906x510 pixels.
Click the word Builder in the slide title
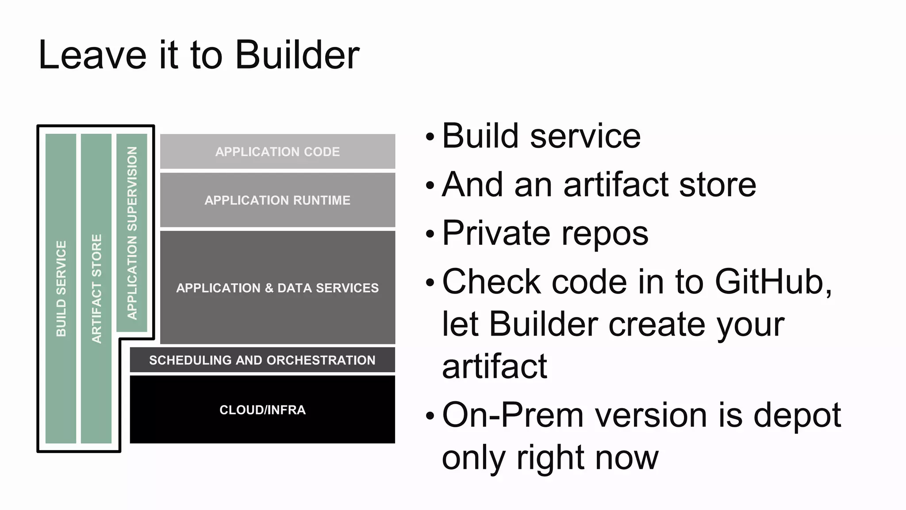(x=297, y=55)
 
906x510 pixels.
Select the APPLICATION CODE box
(x=277, y=151)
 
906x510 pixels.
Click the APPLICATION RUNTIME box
(x=277, y=200)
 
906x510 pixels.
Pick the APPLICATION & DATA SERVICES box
(x=277, y=288)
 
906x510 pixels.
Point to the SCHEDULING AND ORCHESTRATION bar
(x=262, y=360)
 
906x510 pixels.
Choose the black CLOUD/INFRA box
(x=262, y=410)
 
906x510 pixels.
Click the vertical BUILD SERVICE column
(x=61, y=288)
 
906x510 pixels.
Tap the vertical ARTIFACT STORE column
(x=96, y=288)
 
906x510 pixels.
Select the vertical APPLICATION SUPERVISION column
(x=132, y=233)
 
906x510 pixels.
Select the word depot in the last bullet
(x=797, y=416)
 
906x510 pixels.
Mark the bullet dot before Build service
(x=430, y=137)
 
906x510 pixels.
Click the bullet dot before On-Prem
(x=430, y=416)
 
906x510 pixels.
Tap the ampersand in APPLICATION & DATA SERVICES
(x=269, y=288)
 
